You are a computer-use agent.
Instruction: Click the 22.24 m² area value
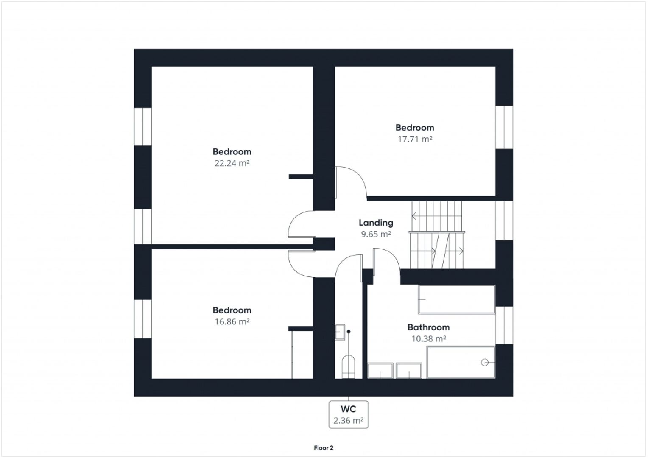pos(232,163)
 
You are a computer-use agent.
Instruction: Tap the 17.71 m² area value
pos(414,139)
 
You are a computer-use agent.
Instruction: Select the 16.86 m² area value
pos(232,322)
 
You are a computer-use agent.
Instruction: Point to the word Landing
pos(376,223)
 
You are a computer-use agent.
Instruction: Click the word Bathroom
pos(428,327)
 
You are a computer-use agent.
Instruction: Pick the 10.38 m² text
pos(428,339)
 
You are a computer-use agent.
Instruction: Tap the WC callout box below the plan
pos(349,414)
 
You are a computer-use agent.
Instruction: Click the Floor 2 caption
pos(324,448)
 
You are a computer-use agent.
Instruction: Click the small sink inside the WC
pos(340,332)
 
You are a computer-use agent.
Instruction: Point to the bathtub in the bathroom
pos(456,299)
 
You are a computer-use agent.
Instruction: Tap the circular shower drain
pos(484,363)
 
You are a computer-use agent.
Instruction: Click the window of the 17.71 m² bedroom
pos(504,127)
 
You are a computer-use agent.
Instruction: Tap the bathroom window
pos(504,325)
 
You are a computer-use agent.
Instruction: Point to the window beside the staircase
pos(504,220)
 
